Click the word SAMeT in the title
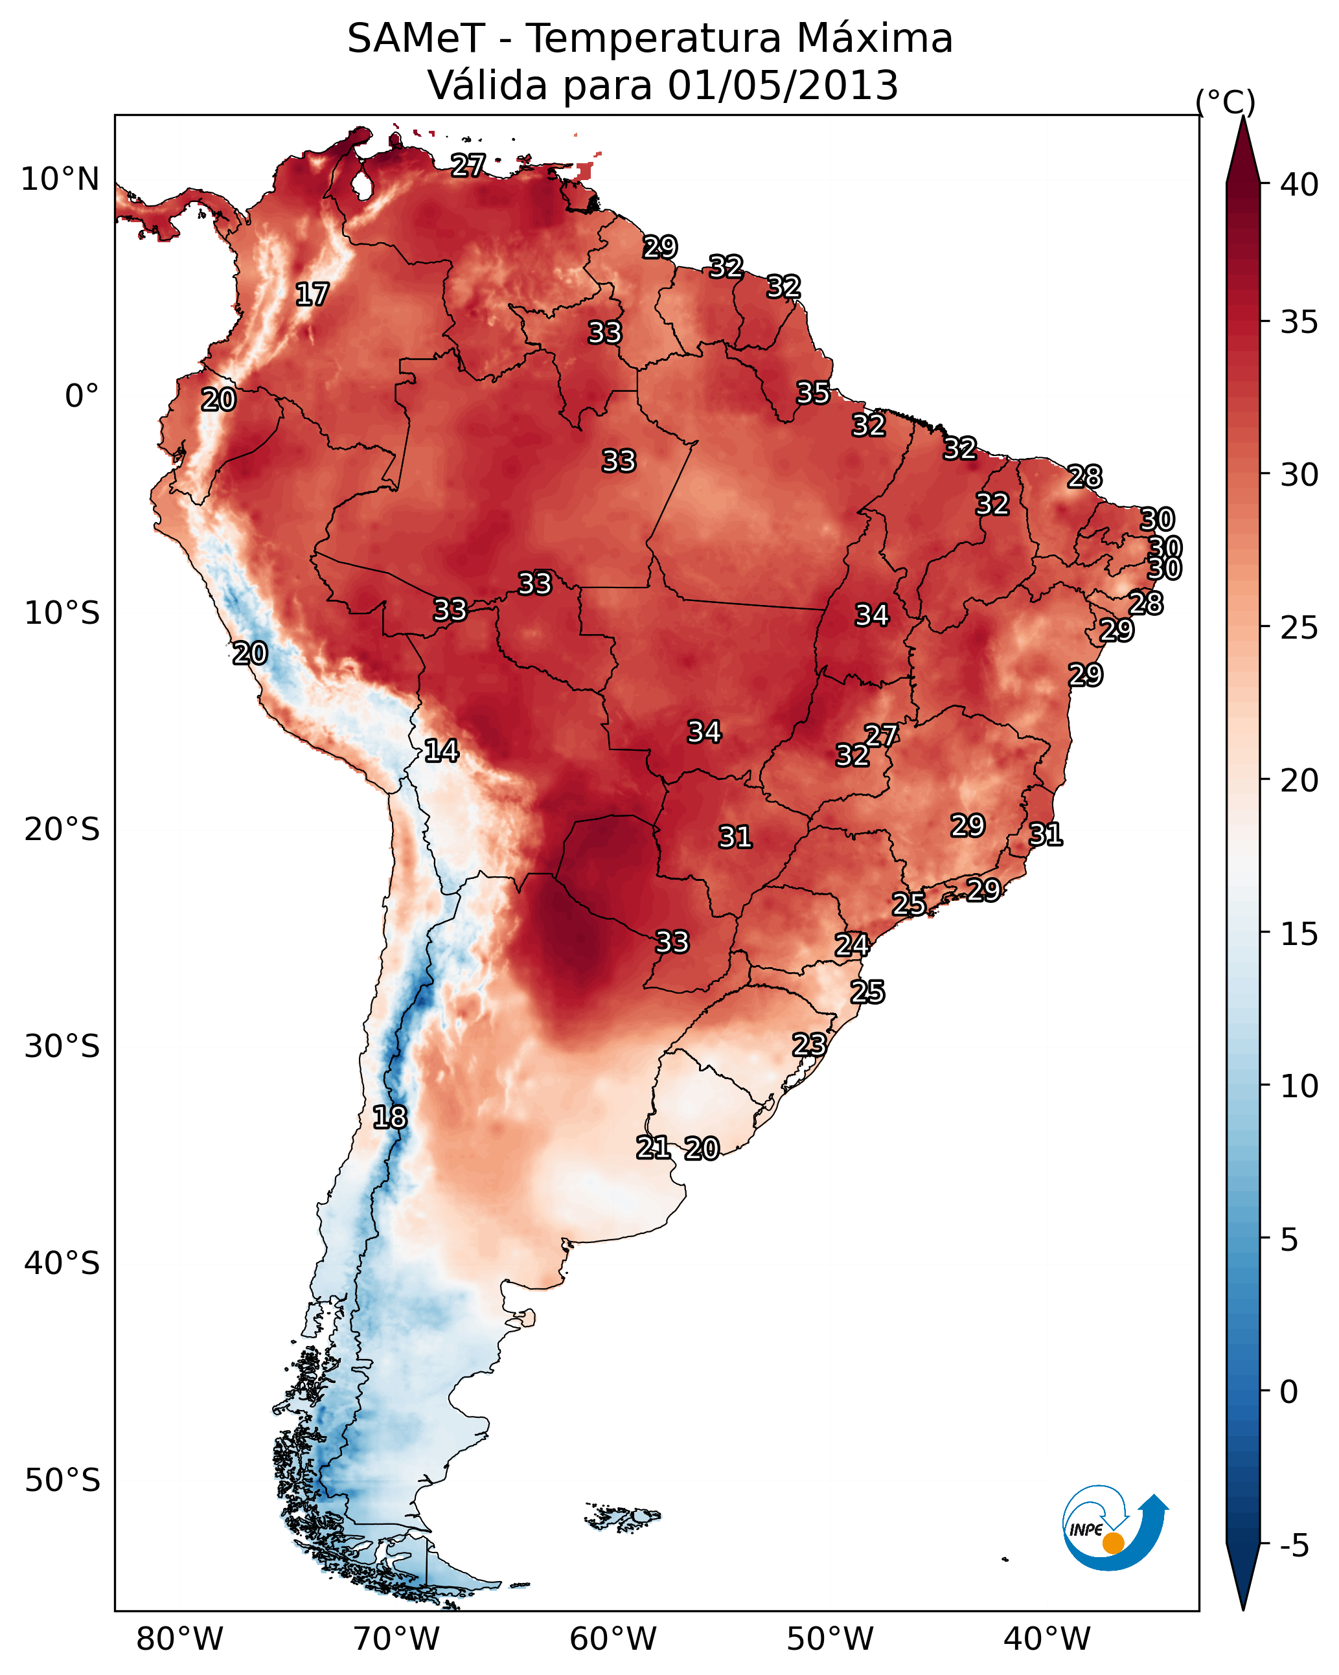point(416,39)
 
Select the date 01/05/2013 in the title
point(783,85)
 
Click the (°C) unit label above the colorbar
point(1226,102)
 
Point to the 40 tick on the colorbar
point(1299,185)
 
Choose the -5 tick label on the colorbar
point(1295,1546)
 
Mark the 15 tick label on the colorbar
point(1299,934)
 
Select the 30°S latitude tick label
point(62,1047)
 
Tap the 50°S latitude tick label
point(62,1481)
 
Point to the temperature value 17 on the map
point(312,295)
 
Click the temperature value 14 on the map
point(441,751)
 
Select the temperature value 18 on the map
point(389,1117)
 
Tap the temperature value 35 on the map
point(813,393)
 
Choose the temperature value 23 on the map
point(809,1044)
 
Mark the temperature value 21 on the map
point(654,1146)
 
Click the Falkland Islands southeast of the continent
point(623,1516)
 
